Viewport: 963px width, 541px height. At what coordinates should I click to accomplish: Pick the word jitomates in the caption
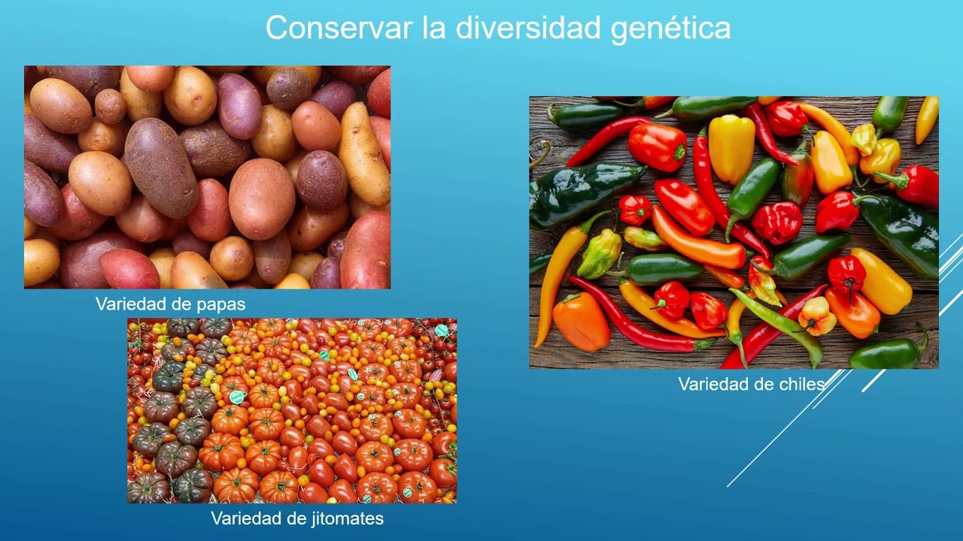pyautogui.click(x=348, y=518)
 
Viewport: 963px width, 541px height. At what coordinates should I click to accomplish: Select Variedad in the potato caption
pyautogui.click(x=125, y=304)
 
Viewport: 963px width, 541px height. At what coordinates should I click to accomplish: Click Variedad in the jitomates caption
pyautogui.click(x=241, y=518)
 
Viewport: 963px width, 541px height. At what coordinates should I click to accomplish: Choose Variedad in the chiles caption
pyautogui.click(x=708, y=384)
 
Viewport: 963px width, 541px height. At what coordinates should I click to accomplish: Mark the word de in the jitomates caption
pyautogui.click(x=293, y=518)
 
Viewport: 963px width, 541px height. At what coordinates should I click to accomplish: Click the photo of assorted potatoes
pyautogui.click(x=207, y=177)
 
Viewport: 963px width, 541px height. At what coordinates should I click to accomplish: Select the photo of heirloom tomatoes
pyautogui.click(x=292, y=410)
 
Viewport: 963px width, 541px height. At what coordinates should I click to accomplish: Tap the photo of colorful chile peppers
pyautogui.click(x=734, y=232)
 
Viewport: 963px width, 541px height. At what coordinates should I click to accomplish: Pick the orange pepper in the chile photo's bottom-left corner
pyautogui.click(x=581, y=322)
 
